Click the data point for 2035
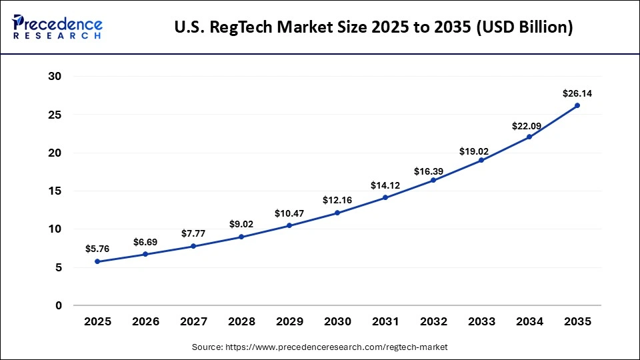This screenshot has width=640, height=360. click(x=577, y=105)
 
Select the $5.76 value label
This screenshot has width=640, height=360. click(x=97, y=249)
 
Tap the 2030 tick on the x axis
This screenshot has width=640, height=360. click(x=337, y=321)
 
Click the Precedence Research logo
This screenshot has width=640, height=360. click(x=57, y=27)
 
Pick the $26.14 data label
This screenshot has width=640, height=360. click(x=577, y=93)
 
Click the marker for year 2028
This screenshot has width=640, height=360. click(x=241, y=237)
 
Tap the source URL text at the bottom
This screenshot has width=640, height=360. click(x=319, y=347)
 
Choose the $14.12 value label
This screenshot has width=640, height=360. click(x=385, y=185)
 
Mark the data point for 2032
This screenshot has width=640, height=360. click(x=433, y=180)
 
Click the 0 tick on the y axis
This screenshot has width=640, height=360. click(x=58, y=305)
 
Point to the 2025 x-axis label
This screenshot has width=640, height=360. click(x=97, y=321)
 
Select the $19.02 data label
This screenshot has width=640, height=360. click(x=481, y=151)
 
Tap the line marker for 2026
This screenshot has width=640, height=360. click(x=145, y=254)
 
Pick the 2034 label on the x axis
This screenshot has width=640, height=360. click(x=529, y=321)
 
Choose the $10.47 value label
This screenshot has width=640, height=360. click(x=289, y=213)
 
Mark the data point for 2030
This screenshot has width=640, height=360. click(x=337, y=213)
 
